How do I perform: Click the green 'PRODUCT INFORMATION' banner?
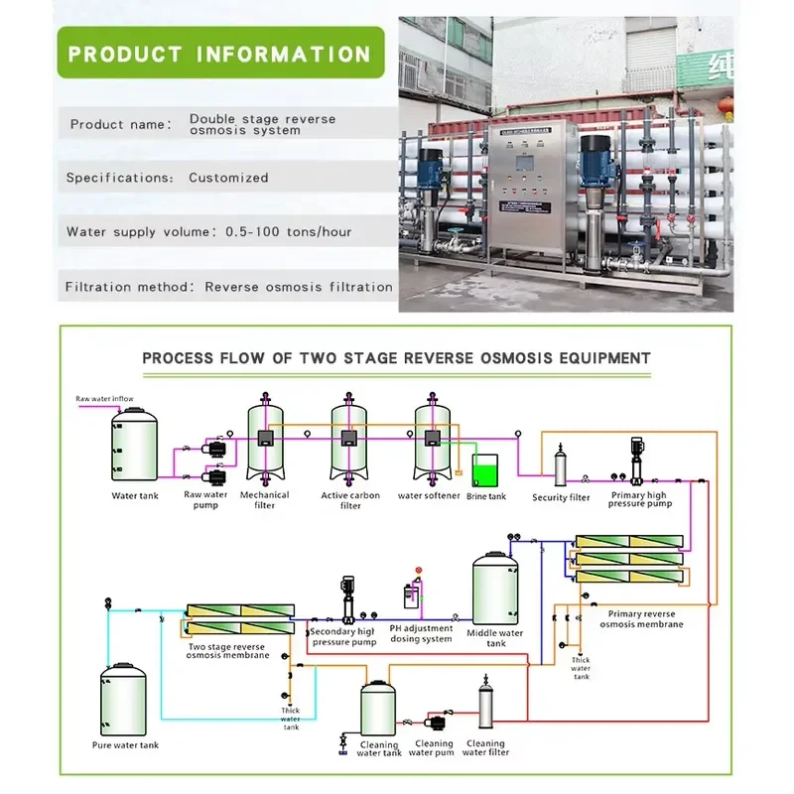[x=220, y=53]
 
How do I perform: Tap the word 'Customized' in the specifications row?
[x=228, y=178]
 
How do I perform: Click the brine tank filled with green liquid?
[x=485, y=470]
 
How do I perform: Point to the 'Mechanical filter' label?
[x=264, y=500]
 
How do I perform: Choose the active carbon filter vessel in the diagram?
[x=348, y=438]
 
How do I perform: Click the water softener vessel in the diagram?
[x=432, y=438]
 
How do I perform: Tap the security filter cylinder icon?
[x=560, y=464]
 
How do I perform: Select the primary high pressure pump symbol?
[x=637, y=461]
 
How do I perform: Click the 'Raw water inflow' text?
[x=105, y=399]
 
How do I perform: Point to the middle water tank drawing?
[x=495, y=589]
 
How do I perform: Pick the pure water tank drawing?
[x=123, y=700]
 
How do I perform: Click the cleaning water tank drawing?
[x=378, y=709]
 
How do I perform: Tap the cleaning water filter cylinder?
[x=485, y=703]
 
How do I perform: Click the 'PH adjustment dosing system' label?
[x=421, y=633]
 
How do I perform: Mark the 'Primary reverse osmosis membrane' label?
[x=641, y=618]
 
